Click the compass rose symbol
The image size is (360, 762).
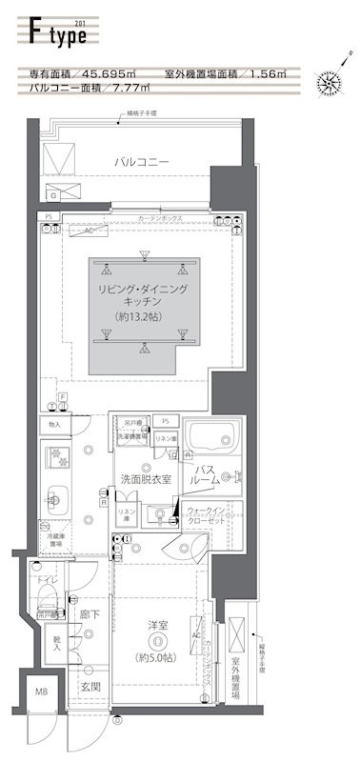(330, 83)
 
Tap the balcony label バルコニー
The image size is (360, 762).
(142, 163)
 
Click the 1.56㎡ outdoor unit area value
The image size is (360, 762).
(278, 73)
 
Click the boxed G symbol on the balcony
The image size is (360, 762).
(53, 195)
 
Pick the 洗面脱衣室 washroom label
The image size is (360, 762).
(145, 478)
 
